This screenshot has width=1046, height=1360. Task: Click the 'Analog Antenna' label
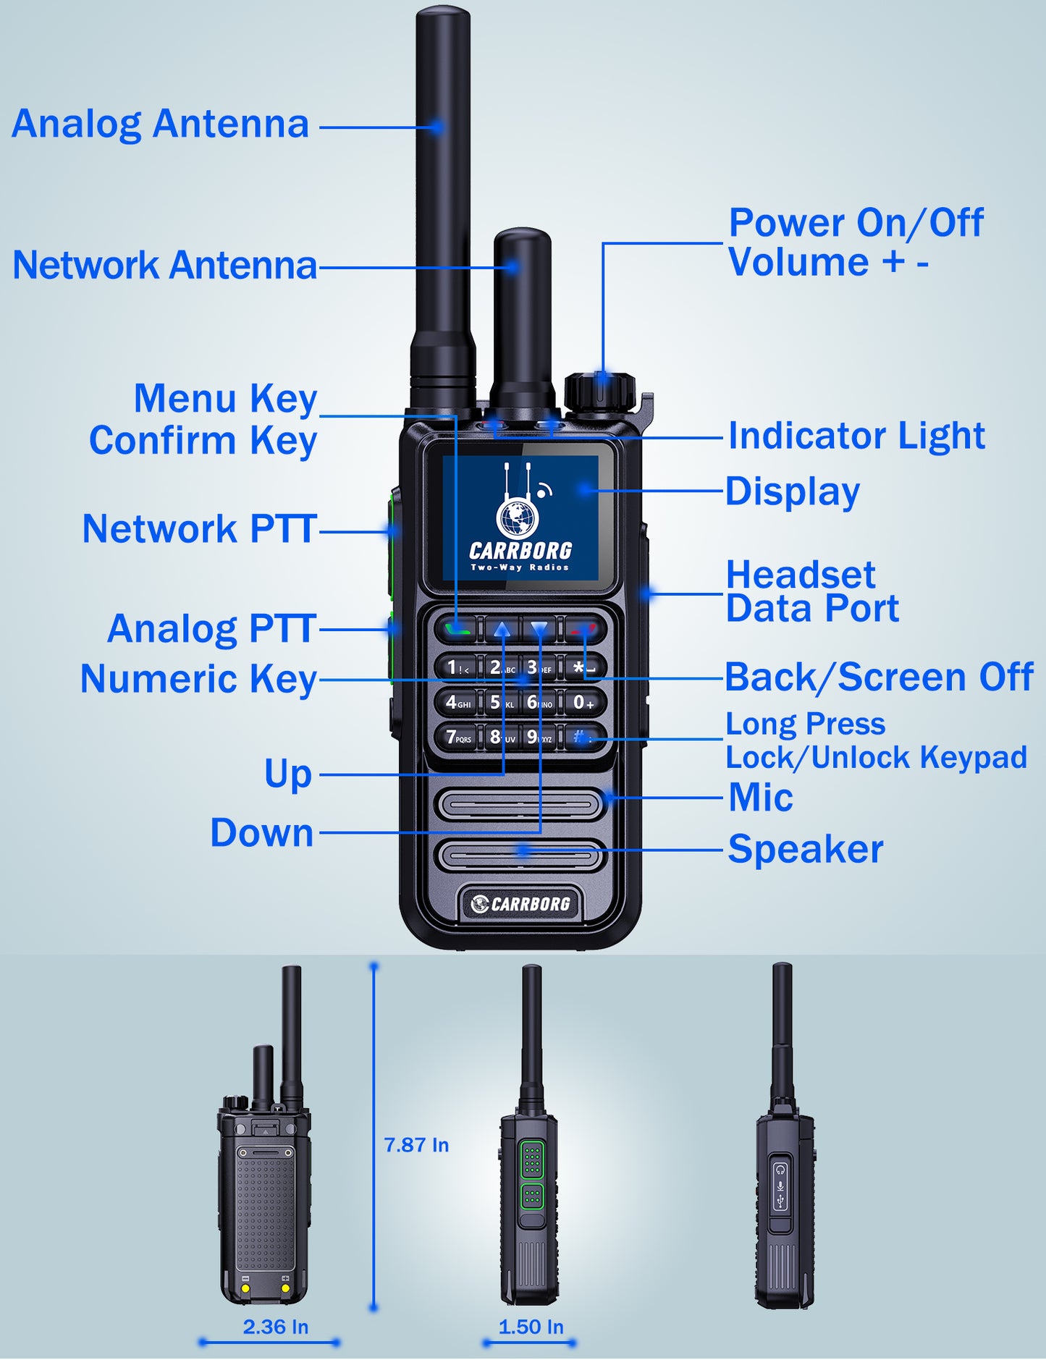point(160,124)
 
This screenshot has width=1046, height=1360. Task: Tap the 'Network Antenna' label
point(165,265)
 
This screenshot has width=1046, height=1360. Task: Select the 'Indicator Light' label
point(856,436)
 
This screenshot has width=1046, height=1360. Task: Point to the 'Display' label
point(793,492)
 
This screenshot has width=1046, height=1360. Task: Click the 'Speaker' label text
point(806,849)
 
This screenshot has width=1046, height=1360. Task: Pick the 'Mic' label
point(761,798)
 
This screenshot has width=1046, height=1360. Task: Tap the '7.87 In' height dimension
point(416,1145)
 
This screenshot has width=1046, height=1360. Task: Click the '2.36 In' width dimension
point(275,1327)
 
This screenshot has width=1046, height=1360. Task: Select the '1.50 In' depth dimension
point(531,1327)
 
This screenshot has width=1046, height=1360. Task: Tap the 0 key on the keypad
point(584,702)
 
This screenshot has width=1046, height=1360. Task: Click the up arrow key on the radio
point(502,629)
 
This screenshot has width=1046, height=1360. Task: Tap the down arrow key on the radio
point(539,629)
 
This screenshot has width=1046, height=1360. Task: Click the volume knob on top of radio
point(600,392)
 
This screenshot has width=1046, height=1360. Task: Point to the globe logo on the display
point(518,518)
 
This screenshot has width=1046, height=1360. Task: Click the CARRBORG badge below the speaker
point(520,903)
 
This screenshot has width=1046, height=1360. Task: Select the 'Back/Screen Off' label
point(880,677)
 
